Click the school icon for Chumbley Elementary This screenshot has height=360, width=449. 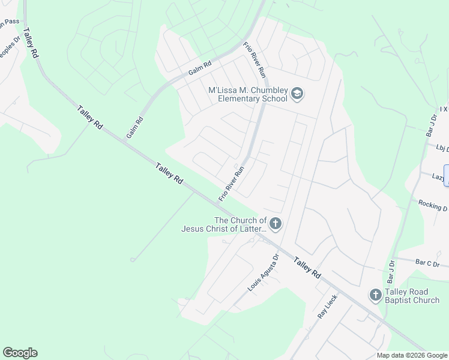(297, 94)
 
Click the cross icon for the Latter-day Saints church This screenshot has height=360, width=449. (275, 224)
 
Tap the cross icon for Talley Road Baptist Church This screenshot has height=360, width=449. (375, 295)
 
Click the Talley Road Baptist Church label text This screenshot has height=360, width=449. (412, 296)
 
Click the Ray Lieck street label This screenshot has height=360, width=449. (328, 306)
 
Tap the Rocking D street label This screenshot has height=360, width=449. (433, 205)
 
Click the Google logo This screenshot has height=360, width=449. (20, 353)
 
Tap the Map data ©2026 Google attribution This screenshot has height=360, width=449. (412, 355)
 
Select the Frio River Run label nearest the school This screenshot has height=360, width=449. (254, 60)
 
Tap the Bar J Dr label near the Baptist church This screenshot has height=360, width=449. (392, 269)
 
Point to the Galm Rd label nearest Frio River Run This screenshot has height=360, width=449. (200, 69)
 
